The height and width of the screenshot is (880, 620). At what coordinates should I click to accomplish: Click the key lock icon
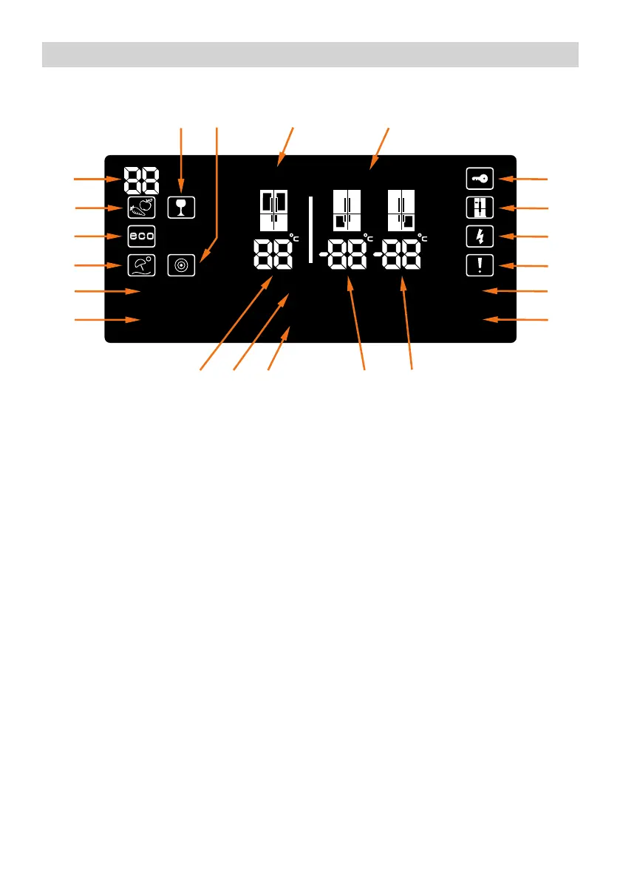click(479, 179)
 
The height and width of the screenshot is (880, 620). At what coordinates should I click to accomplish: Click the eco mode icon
click(141, 236)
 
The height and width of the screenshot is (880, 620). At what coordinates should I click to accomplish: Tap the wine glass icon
click(181, 208)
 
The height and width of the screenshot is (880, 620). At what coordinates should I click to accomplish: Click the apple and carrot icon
click(141, 208)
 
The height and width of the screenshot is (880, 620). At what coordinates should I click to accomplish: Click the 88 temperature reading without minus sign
click(270, 256)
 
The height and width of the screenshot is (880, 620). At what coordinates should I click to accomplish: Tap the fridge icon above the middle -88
click(347, 210)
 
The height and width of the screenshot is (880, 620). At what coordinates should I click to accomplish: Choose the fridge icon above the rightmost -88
click(403, 210)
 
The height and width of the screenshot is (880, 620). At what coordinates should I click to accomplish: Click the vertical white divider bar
click(310, 229)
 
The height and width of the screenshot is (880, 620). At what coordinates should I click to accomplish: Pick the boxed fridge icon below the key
click(479, 208)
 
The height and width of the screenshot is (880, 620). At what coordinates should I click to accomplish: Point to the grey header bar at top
click(310, 54)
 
